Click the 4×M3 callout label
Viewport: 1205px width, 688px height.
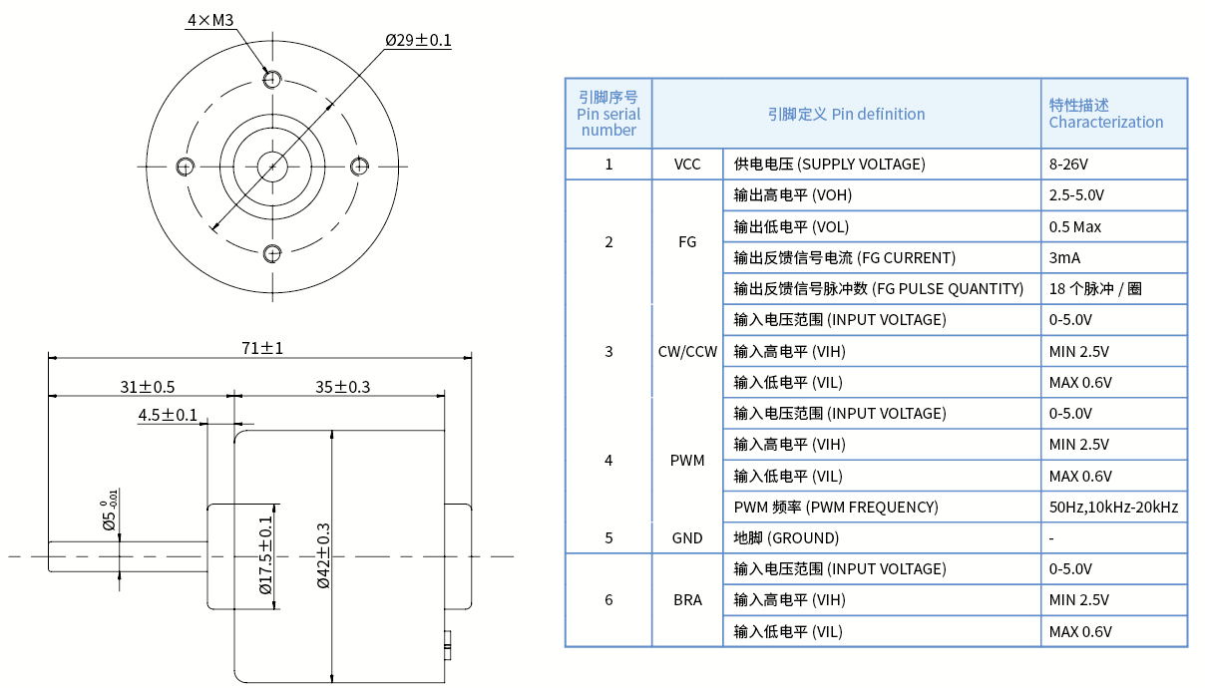(x=209, y=20)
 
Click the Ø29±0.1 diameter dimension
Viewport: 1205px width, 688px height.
(x=418, y=40)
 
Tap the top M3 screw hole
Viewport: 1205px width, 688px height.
(x=271, y=78)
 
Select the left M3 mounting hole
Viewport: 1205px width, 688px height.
(x=184, y=167)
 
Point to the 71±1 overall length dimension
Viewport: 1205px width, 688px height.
(x=262, y=348)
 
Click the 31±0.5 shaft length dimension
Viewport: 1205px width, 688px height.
(x=148, y=386)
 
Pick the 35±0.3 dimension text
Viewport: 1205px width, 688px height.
(x=342, y=386)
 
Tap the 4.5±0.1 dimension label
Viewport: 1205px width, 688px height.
(x=168, y=415)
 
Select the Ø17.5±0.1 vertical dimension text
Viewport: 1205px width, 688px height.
(x=265, y=554)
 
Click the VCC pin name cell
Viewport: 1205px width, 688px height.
(x=687, y=165)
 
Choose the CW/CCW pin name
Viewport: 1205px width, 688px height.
(x=687, y=351)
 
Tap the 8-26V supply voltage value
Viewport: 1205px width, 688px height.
(x=1069, y=165)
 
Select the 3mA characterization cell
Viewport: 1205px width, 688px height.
(x=1064, y=258)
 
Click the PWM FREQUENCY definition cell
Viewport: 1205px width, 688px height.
(x=836, y=507)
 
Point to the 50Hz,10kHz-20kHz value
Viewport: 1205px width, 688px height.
(x=1113, y=507)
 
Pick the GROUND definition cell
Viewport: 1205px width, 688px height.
(x=786, y=538)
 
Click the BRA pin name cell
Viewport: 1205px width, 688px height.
(x=687, y=600)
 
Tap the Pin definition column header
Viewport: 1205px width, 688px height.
(x=846, y=114)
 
